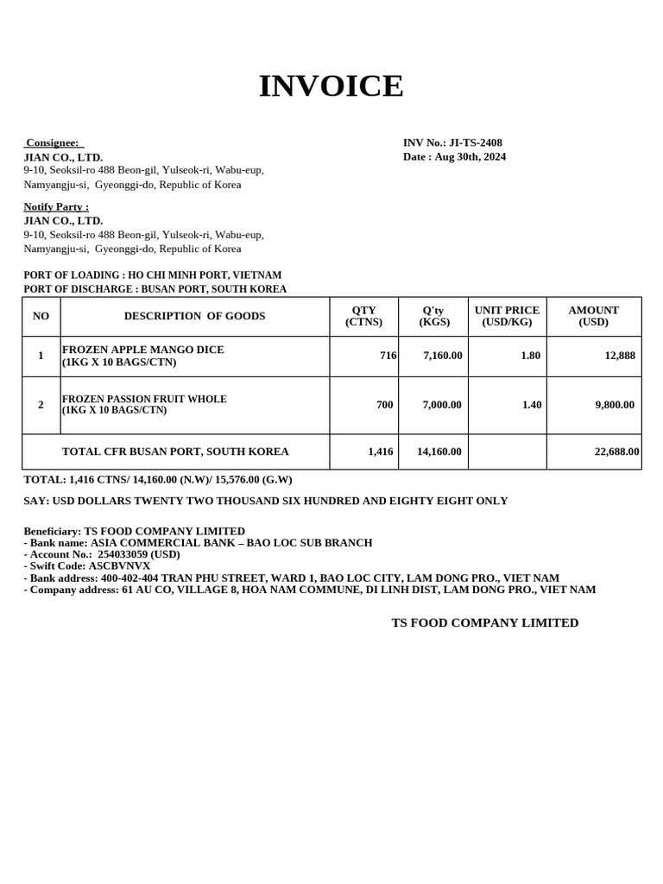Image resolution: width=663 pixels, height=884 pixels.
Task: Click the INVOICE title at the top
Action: point(331,86)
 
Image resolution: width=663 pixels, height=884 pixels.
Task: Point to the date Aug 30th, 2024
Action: point(470,156)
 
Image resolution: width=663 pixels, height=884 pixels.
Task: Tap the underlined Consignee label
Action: point(52,142)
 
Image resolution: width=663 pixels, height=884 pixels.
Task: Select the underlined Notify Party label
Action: point(55,206)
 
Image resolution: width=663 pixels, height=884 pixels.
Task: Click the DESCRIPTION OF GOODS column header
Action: point(194,316)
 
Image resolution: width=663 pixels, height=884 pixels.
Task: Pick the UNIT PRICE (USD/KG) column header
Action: point(507,316)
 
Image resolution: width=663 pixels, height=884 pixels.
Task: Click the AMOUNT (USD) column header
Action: point(593,316)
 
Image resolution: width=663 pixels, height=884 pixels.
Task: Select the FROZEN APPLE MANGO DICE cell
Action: point(142,356)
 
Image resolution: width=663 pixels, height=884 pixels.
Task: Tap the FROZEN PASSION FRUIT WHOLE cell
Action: point(144,404)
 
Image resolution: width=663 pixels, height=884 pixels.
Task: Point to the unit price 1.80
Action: point(530,356)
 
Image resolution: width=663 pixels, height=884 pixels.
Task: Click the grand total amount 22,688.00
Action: point(616,451)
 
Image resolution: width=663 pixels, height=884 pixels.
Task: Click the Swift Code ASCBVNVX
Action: point(119,565)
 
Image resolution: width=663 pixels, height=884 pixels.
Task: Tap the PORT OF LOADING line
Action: point(152,275)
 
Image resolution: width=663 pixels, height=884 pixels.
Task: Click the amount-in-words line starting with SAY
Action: point(265,501)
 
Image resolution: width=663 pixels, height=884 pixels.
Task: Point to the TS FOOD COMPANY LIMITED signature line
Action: point(484,622)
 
